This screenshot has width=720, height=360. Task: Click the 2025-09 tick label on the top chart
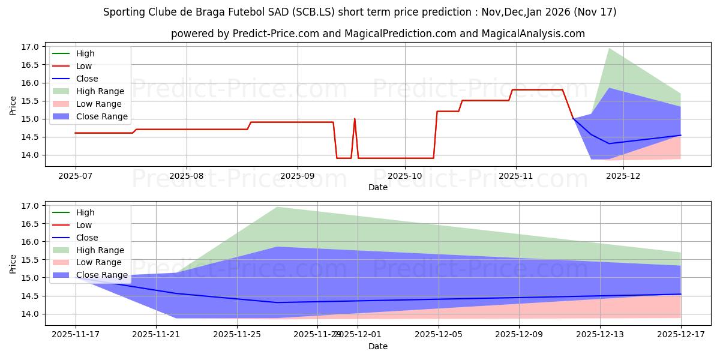298,177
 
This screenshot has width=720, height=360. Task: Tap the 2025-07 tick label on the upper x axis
75,177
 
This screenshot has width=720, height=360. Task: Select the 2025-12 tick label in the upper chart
623,177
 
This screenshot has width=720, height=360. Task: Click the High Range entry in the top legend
100,91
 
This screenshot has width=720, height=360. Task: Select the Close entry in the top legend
87,79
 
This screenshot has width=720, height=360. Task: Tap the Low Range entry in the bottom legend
98,262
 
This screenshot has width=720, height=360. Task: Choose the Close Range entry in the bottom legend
101,275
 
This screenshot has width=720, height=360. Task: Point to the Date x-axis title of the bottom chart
378,346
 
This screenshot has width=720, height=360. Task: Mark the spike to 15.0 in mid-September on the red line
355,119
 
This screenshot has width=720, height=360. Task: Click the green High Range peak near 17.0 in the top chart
609,49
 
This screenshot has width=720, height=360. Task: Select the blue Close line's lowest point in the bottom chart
277,302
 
